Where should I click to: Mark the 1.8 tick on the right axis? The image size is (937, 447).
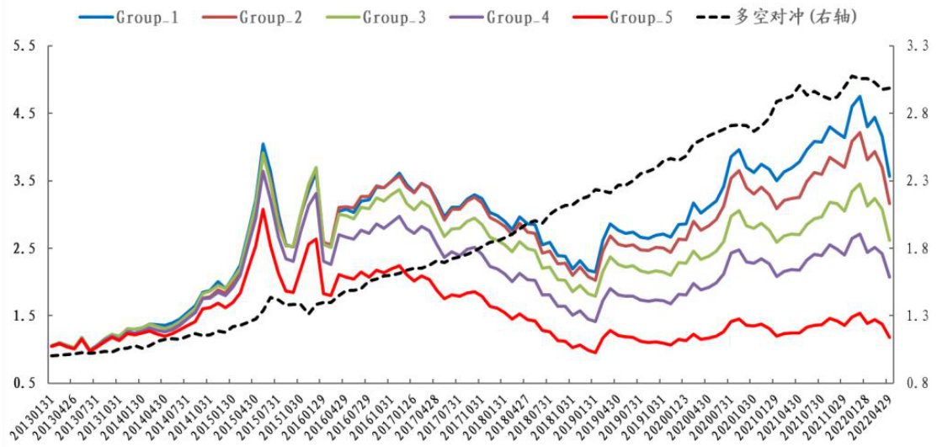point(916,248)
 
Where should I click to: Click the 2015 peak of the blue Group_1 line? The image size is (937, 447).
point(263,144)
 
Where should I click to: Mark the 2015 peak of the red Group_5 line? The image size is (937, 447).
point(263,208)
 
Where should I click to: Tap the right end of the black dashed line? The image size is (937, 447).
point(890,88)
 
